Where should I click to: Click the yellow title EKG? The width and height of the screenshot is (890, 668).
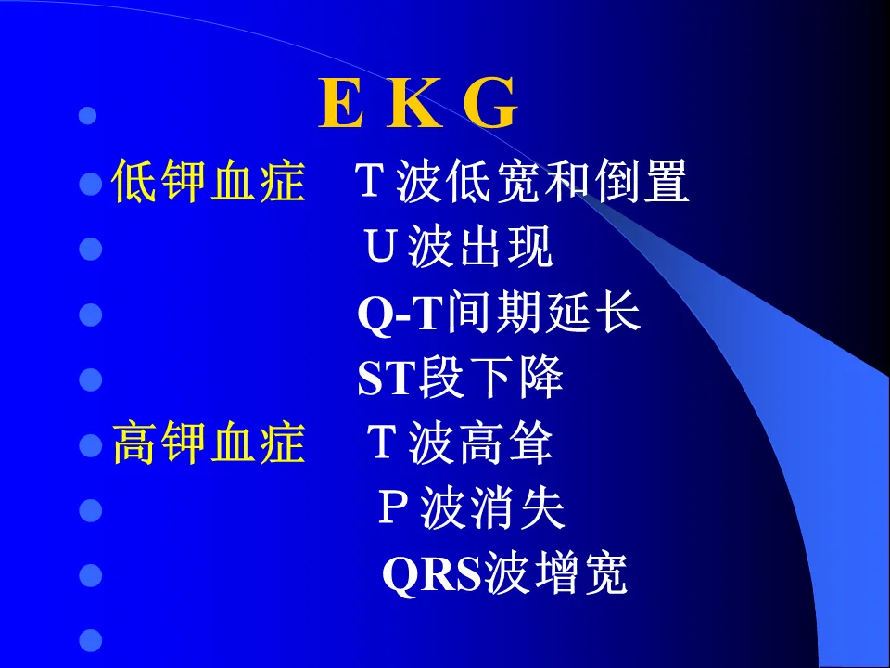click(418, 103)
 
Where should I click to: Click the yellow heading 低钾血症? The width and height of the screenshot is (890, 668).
click(209, 181)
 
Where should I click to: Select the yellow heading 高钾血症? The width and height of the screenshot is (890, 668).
click(209, 443)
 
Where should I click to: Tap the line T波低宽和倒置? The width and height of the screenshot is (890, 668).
click(522, 181)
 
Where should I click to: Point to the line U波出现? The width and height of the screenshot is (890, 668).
click(458, 247)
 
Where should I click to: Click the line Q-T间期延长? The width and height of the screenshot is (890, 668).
click(499, 313)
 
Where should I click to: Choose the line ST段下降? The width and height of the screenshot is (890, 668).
click(461, 378)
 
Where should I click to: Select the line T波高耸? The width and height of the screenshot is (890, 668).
click(459, 443)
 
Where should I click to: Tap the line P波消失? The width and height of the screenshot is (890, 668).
click(471, 508)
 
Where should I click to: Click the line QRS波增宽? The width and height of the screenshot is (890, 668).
click(504, 574)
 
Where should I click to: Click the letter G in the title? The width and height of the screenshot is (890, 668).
click(490, 103)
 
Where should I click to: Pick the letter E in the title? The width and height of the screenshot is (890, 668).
click(340, 103)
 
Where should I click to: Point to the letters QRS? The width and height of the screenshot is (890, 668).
click(432, 575)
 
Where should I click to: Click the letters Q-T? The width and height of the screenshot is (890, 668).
click(400, 315)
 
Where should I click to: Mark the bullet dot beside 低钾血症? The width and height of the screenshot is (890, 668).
click(90, 183)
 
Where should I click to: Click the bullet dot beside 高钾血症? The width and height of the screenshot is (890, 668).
click(90, 445)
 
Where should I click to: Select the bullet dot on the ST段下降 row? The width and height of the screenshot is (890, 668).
click(90, 379)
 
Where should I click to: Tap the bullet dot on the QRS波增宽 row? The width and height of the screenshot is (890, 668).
click(90, 575)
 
